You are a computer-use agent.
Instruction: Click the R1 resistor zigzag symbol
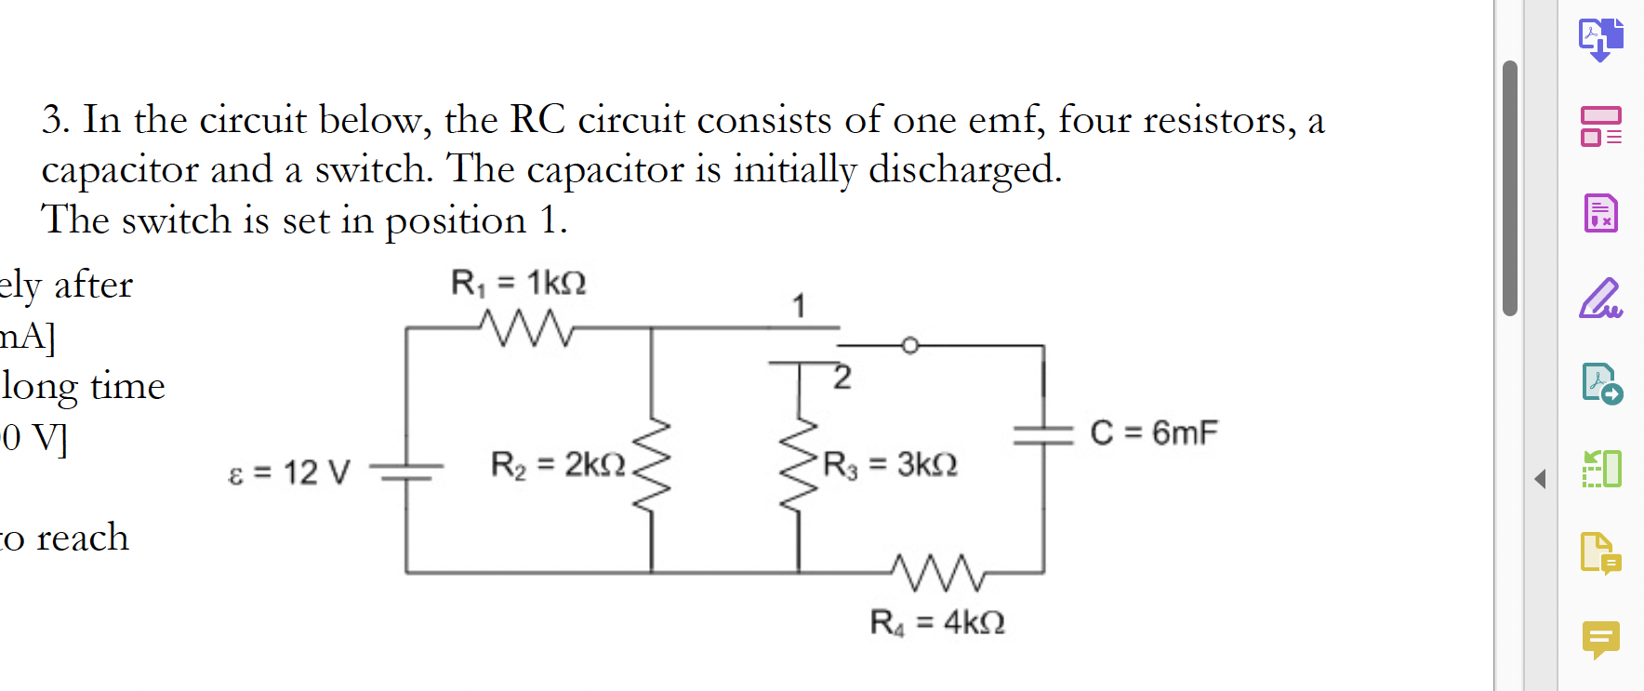[x=526, y=327]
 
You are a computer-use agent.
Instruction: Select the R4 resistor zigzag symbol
[x=937, y=572]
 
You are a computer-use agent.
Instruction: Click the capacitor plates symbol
[x=1043, y=434]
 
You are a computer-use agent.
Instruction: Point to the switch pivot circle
[x=910, y=346]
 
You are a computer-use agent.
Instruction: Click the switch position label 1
[x=799, y=305]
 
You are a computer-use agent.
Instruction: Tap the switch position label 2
[x=842, y=378]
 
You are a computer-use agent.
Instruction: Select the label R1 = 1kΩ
[x=518, y=283]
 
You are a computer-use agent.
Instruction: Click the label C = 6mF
[x=1153, y=432]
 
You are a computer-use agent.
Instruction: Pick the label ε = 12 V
[x=289, y=472]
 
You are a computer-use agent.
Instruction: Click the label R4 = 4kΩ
[x=937, y=622]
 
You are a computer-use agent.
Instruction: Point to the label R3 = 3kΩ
[x=890, y=464]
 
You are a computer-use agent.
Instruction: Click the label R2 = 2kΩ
[x=558, y=464]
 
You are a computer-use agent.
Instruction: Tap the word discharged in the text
[x=964, y=169]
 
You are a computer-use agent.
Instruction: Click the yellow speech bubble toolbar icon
[x=1600, y=639]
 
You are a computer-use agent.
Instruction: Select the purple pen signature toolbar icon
[x=1600, y=299]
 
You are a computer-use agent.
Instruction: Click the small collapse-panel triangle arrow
[x=1541, y=479]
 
